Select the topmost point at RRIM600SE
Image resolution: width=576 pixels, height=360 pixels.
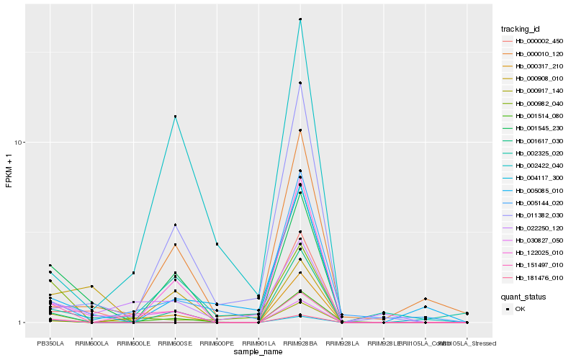tap(175, 117)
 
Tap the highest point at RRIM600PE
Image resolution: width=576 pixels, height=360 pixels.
tap(217, 244)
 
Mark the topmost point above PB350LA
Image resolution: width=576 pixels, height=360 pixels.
tap(50, 266)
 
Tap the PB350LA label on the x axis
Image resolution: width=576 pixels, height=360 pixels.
tap(50, 343)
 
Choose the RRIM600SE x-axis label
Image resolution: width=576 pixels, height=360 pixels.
tap(175, 343)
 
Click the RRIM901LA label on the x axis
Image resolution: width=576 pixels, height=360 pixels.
tap(258, 343)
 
